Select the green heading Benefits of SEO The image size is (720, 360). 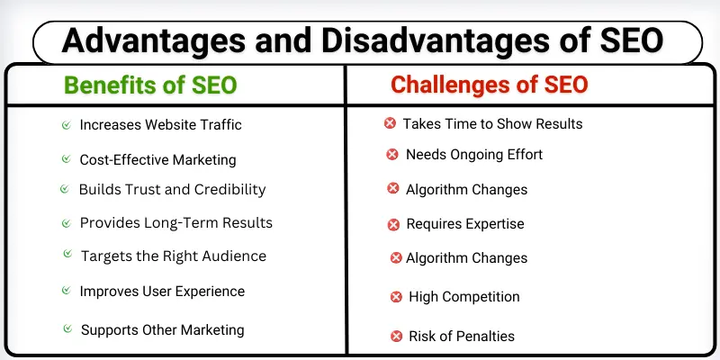[x=149, y=86]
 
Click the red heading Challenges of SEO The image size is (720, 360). [x=489, y=85]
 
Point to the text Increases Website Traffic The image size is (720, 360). [x=160, y=125]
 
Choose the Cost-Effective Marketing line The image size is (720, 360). [x=157, y=159]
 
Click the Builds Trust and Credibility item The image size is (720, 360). [x=172, y=190]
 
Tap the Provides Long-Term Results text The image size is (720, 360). [x=175, y=222]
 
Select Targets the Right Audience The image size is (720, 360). [x=174, y=256]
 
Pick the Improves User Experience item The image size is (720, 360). [x=162, y=291]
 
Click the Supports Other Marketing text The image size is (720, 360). [x=162, y=329]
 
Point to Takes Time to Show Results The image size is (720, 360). [x=492, y=123]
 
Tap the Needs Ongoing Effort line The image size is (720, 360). [x=473, y=155]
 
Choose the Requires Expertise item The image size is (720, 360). [x=464, y=223]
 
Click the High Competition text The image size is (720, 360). [x=463, y=296]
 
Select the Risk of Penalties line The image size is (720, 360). [x=461, y=336]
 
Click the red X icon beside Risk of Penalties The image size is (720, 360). [x=396, y=336]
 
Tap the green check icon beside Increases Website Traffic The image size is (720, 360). [x=66, y=125]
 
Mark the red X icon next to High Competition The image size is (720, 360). [x=396, y=296]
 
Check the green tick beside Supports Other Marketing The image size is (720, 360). [x=67, y=328]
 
